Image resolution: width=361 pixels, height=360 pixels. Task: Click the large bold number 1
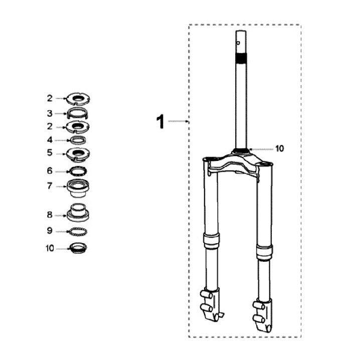[x=160, y=121]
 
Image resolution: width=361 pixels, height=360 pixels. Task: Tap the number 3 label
[x=50, y=113]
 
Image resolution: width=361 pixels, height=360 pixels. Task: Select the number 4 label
[x=50, y=140]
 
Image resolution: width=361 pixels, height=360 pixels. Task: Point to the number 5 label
[x=50, y=153]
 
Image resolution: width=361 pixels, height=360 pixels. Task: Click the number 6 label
[x=50, y=171]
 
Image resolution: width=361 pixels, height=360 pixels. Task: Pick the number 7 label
[x=50, y=186]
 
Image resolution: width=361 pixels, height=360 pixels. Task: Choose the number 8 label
[x=50, y=215]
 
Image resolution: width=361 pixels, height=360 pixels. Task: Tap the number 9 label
[x=50, y=231]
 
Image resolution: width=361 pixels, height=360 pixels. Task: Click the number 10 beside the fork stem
[x=280, y=149]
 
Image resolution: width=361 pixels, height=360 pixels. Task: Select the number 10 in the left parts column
[x=50, y=249]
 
